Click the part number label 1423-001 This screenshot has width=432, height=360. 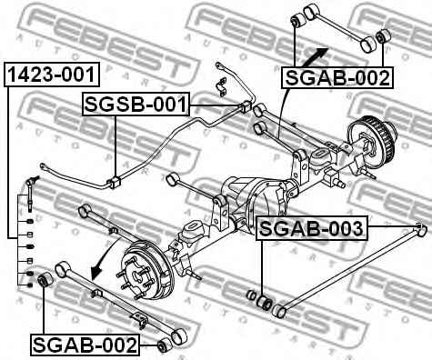(51, 74)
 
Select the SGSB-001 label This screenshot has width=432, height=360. (134, 106)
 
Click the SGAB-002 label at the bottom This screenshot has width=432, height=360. (85, 345)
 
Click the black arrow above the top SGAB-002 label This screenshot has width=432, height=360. (318, 49)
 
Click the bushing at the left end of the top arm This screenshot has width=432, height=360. (297, 19)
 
